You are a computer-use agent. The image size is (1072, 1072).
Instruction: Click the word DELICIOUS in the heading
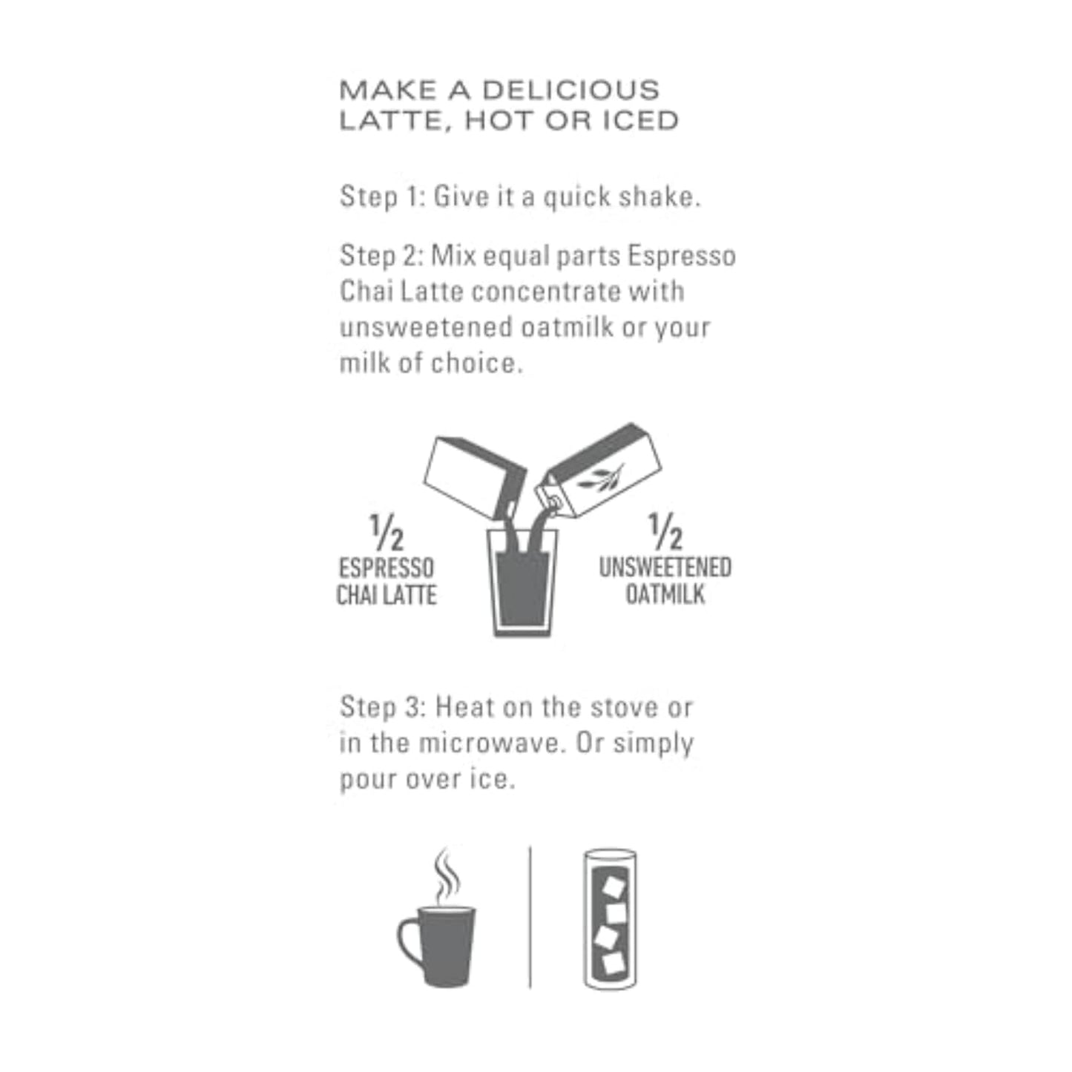[570, 91]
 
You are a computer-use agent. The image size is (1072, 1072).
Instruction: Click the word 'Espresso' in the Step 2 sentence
[682, 256]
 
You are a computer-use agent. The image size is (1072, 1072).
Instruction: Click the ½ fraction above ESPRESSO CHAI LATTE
[387, 533]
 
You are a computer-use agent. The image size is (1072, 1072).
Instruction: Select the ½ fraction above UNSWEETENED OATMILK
[665, 531]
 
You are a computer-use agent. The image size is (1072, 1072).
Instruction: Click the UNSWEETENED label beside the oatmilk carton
[665, 568]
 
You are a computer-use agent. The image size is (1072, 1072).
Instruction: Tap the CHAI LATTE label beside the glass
[387, 595]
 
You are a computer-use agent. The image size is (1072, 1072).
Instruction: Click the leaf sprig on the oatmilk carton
[602, 478]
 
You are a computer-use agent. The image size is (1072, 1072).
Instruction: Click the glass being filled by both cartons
[522, 586]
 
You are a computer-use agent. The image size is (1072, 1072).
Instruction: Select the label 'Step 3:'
[382, 707]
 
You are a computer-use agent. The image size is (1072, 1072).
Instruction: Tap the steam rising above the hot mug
[445, 875]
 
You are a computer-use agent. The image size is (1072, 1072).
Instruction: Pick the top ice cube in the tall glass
[614, 887]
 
